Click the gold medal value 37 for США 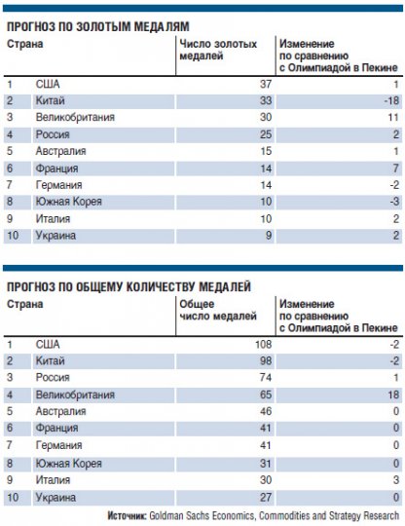(x=263, y=84)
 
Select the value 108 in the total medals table (x=259, y=344)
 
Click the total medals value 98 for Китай (x=262, y=360)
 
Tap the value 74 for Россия (x=262, y=377)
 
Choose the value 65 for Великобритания (x=262, y=394)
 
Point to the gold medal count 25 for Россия (x=263, y=133)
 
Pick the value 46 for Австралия (x=262, y=411)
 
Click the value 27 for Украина (x=262, y=496)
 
